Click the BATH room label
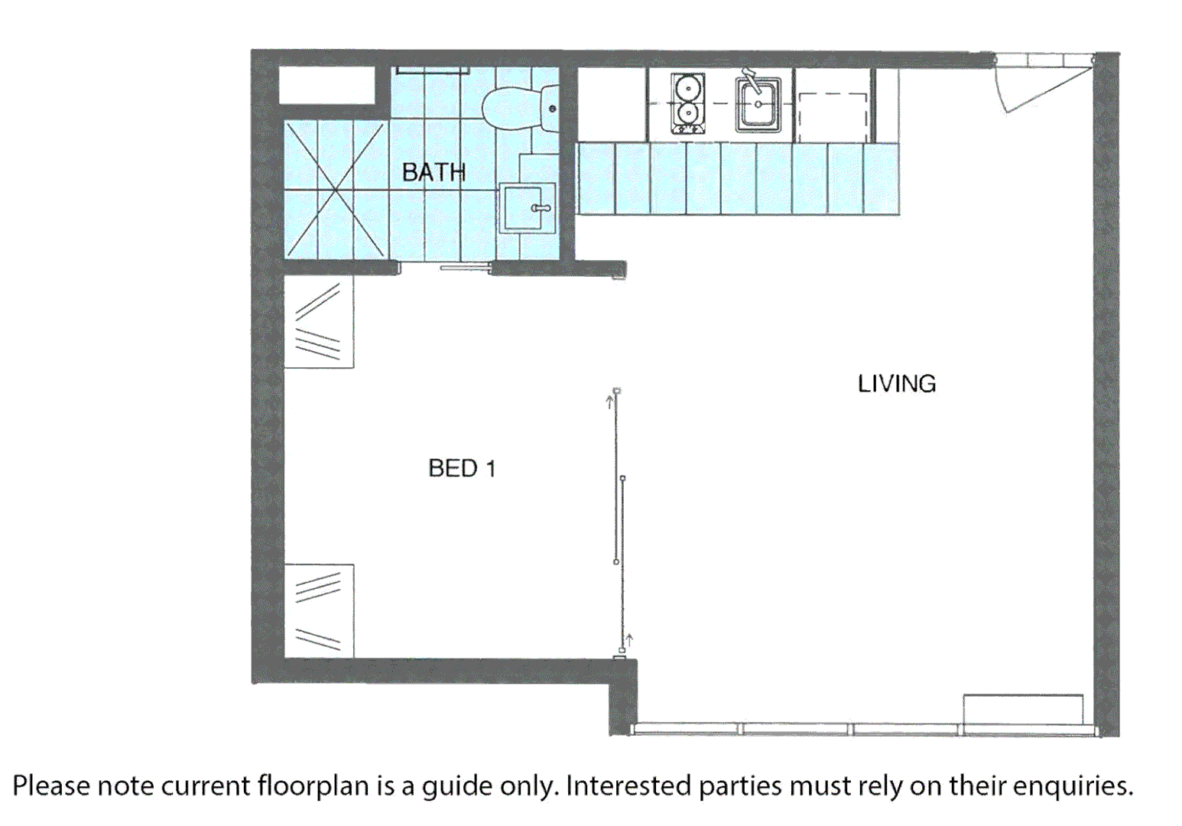click(434, 172)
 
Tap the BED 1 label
click(462, 468)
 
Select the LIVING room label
click(896, 383)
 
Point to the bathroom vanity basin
click(527, 207)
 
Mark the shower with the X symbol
click(335, 189)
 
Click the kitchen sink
click(758, 103)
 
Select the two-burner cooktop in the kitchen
click(687, 103)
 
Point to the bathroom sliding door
click(463, 268)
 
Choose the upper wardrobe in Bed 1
click(319, 322)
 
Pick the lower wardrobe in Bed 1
click(319, 610)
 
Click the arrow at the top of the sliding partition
click(610, 401)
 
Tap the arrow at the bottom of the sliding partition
click(629, 639)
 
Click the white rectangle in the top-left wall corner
click(326, 86)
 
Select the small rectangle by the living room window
click(1022, 708)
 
